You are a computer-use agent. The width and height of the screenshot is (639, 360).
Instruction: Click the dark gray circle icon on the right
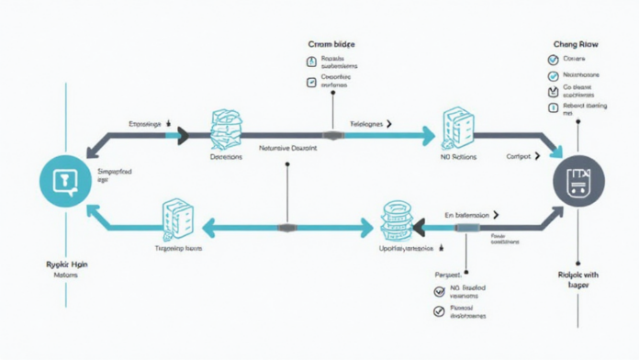tap(578, 180)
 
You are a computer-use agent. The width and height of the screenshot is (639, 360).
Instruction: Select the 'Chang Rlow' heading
tap(577, 44)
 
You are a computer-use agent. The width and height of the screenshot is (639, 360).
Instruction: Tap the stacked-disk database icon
tap(395, 221)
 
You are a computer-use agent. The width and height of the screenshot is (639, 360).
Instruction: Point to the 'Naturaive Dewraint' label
tap(288, 147)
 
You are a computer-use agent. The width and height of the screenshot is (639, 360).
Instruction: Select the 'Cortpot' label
tap(519, 156)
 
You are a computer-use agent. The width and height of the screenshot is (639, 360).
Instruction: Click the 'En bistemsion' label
tap(468, 214)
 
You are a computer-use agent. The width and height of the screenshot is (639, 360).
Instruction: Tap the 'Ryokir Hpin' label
tap(65, 264)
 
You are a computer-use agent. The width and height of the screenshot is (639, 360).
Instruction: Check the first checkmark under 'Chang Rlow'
tap(553, 61)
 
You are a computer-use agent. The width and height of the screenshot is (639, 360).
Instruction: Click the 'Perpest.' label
tap(447, 275)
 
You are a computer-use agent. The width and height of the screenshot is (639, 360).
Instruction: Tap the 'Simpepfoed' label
tap(116, 172)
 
